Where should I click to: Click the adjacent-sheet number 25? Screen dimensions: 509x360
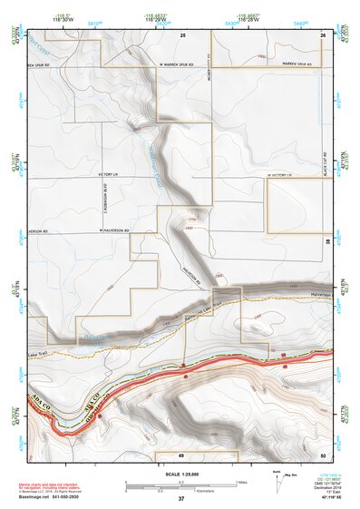[x=182, y=34]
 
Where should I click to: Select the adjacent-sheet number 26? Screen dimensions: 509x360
[x=323, y=34]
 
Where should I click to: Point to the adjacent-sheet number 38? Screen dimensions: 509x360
[x=328, y=241]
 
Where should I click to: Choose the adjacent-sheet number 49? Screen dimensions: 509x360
[x=182, y=454]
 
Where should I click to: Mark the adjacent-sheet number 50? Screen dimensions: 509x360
[x=323, y=454]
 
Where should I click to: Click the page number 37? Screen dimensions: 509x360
[x=181, y=499]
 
